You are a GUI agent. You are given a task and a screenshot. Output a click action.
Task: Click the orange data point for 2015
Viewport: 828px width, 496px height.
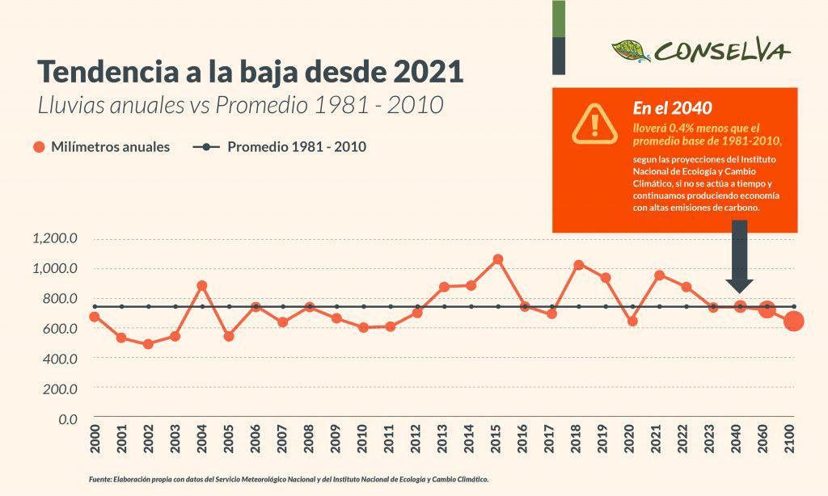click(498, 259)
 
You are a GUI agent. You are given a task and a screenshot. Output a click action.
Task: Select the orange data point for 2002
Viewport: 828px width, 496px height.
click(148, 344)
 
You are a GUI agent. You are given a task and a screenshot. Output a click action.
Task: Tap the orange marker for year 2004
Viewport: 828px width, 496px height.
click(202, 286)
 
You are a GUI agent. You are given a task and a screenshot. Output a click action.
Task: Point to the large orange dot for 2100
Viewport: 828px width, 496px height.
click(794, 322)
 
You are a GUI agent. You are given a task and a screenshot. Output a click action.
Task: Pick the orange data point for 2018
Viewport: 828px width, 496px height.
click(578, 265)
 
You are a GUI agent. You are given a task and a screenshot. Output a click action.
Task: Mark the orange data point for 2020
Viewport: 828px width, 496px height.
click(632, 321)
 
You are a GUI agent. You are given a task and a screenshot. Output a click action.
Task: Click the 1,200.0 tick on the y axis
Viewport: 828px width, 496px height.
click(55, 238)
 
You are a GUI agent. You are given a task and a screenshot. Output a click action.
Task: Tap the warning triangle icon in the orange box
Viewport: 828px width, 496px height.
click(595, 124)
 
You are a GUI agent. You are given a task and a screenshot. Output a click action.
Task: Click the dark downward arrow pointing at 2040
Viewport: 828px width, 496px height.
click(739, 259)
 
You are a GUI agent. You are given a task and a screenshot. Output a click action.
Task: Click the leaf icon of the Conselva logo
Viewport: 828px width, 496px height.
click(631, 51)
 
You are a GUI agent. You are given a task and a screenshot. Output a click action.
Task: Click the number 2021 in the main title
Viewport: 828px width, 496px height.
click(428, 72)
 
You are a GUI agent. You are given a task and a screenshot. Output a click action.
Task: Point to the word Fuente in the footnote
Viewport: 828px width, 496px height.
click(103, 479)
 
